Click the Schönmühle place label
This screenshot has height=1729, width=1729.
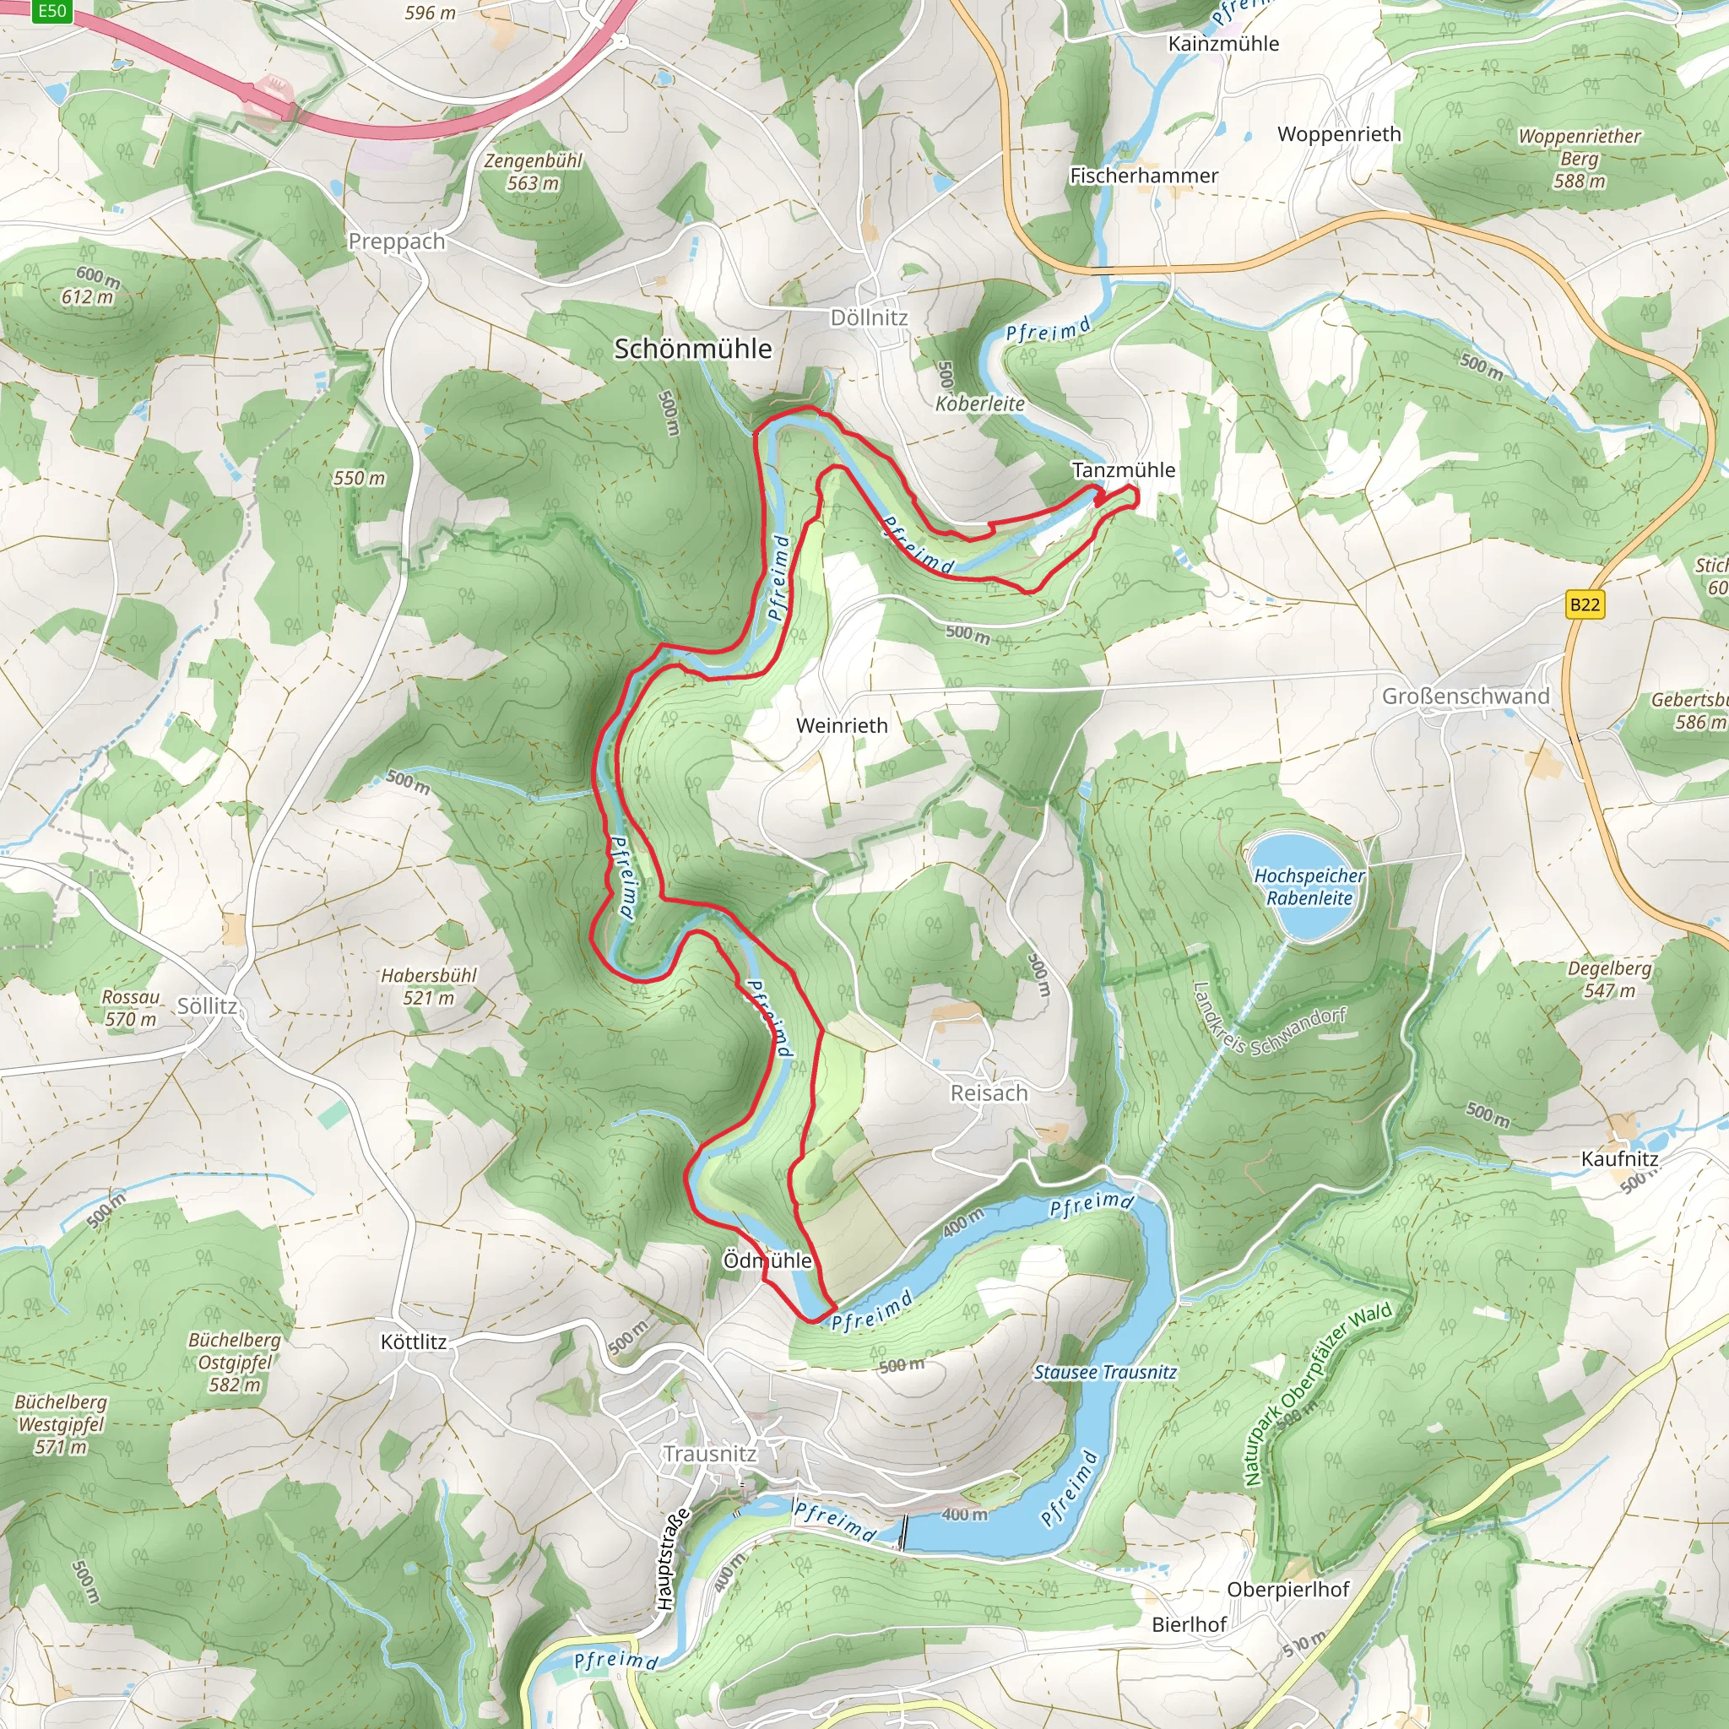coord(692,349)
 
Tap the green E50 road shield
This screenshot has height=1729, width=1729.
coord(51,11)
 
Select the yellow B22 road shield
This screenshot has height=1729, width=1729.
coord(1584,604)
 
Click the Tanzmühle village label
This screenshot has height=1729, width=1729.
coord(1123,470)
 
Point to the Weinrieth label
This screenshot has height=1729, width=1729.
coord(841,726)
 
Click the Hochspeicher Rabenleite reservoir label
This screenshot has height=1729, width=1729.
coord(1309,887)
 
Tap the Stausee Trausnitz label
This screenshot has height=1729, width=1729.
coord(1105,1372)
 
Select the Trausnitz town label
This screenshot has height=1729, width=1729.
coord(710,1454)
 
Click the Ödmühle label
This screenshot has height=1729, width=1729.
coord(767,1260)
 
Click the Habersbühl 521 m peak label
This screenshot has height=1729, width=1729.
coord(429,986)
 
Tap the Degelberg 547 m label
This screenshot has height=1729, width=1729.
coord(1609,979)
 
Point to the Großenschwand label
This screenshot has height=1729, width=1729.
coord(1465,696)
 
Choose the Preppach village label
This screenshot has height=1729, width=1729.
coord(397,241)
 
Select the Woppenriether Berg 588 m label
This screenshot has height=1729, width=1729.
coord(1580,159)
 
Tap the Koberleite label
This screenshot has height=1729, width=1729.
coord(980,404)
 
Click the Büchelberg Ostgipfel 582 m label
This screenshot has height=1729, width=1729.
coord(235,1362)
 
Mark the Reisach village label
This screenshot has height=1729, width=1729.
coord(988,1092)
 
